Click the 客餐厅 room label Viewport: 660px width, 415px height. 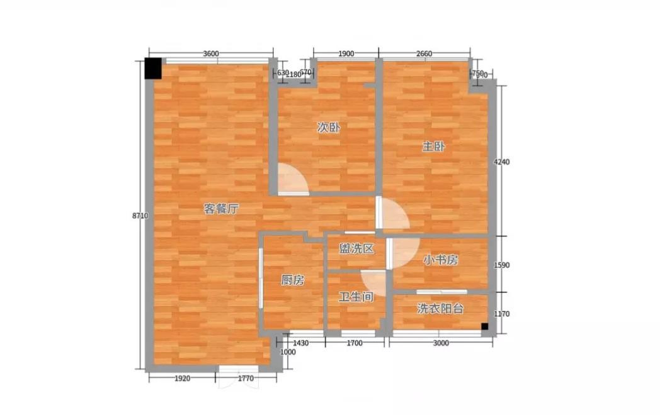[x=222, y=209]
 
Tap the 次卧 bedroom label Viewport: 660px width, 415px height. [x=329, y=128]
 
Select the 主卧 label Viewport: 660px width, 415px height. [x=433, y=147]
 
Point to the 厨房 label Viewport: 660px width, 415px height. [x=293, y=280]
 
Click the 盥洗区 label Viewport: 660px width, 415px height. [x=356, y=248]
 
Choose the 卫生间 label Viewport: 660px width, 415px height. [x=356, y=297]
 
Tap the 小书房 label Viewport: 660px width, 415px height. [x=441, y=260]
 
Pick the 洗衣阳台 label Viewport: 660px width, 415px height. [x=440, y=309]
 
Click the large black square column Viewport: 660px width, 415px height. [x=153, y=68]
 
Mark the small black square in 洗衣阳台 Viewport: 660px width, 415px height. [x=484, y=326]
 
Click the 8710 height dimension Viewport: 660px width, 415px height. [x=140, y=216]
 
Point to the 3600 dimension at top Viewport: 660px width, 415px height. [x=211, y=53]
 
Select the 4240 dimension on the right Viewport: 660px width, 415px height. [x=501, y=162]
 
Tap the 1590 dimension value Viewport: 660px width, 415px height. [x=501, y=265]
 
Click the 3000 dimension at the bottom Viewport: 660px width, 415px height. [x=441, y=343]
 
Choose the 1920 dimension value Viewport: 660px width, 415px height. [x=182, y=379]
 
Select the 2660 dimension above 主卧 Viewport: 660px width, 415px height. [x=424, y=53]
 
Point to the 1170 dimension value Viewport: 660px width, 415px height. [x=501, y=314]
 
